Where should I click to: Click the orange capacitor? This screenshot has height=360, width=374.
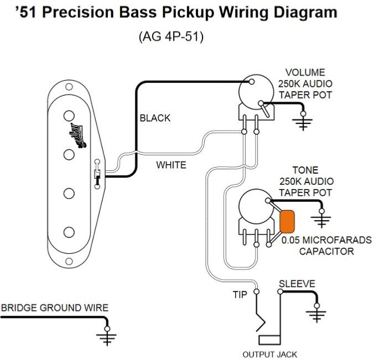(x=287, y=221)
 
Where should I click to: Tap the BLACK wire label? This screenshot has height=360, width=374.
(x=155, y=118)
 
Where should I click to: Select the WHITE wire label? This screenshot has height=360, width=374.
(x=171, y=165)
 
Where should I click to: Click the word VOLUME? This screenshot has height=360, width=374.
(x=305, y=72)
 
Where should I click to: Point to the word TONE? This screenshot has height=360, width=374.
(x=305, y=171)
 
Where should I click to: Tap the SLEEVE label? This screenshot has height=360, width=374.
(x=297, y=284)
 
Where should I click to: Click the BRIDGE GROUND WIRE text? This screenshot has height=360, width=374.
(x=54, y=307)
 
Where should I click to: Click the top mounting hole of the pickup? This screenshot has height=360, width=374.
(x=70, y=87)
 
